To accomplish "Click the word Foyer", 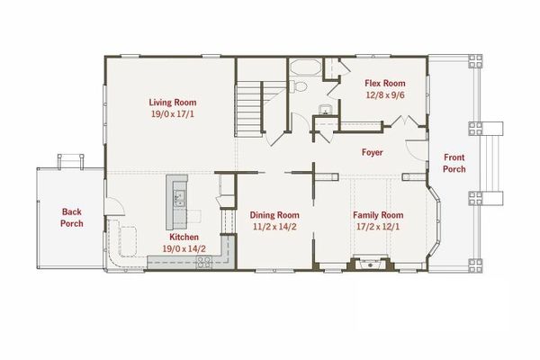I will click(371, 152).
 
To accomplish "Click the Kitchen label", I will click(184, 236).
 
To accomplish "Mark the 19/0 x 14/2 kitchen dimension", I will click(184, 248).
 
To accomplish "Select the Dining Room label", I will click(274, 216).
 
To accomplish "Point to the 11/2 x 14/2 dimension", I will click(274, 228).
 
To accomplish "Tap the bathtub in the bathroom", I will click(302, 67).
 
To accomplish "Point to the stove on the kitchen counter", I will click(204, 261).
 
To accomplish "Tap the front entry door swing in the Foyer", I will click(413, 146).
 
